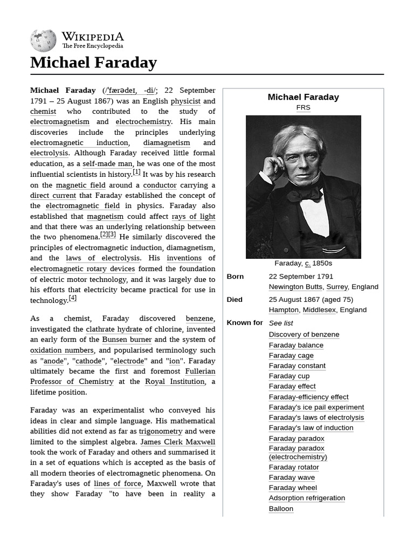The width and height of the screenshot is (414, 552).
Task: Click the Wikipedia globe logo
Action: [x=43, y=41]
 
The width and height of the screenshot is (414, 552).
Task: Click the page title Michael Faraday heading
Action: [x=93, y=63]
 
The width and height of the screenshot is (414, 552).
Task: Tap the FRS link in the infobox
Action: [x=303, y=107]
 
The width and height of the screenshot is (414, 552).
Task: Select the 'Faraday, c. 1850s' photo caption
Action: [x=303, y=263]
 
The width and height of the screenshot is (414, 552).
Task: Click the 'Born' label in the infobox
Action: [x=235, y=277]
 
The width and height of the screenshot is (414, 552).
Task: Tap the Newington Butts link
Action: [x=295, y=287]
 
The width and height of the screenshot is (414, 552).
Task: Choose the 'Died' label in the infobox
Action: [x=234, y=300]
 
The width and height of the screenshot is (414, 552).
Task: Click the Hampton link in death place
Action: [x=283, y=310]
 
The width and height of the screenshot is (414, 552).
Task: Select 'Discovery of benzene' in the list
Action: [x=304, y=334]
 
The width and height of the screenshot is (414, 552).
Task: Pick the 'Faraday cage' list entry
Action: [x=291, y=355]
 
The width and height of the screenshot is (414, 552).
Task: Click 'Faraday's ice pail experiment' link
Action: [x=316, y=407]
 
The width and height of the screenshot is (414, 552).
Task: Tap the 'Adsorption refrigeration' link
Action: [x=307, y=498]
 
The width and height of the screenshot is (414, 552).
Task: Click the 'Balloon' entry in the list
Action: [x=281, y=508]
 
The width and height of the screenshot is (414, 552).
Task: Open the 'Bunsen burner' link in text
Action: [x=127, y=340]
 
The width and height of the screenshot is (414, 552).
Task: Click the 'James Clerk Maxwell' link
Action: [x=177, y=442]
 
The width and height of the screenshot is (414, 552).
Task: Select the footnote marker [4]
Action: [x=72, y=298]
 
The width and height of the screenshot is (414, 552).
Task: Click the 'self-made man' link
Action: [x=107, y=164]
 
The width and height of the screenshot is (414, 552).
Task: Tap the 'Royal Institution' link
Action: [x=175, y=382]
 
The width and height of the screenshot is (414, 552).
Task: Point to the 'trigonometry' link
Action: [x=161, y=431]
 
